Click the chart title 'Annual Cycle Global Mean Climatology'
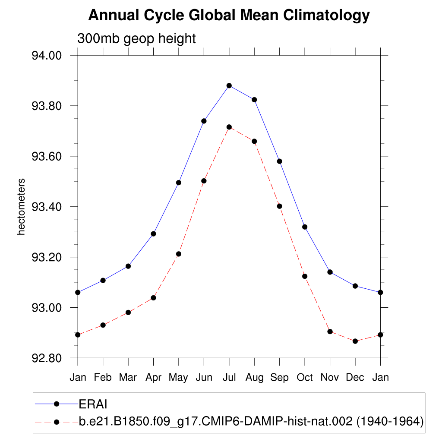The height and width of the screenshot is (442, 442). pyautogui.click(x=229, y=16)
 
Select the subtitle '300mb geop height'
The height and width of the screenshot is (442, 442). pyautogui.click(x=136, y=38)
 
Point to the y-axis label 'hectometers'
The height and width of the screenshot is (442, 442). pyautogui.click(x=21, y=206)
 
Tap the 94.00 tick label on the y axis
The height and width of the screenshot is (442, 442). pyautogui.click(x=47, y=56)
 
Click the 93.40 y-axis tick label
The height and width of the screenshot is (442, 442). pyautogui.click(x=47, y=207)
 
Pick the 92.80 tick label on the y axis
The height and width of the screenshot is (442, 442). pyautogui.click(x=47, y=358)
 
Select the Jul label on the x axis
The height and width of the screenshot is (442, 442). pyautogui.click(x=229, y=377)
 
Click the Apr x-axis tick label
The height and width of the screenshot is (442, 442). pyautogui.click(x=153, y=377)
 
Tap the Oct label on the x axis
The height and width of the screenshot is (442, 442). pyautogui.click(x=305, y=377)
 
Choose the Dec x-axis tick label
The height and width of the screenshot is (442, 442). pyautogui.click(x=355, y=377)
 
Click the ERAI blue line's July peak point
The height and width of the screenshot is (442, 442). pyautogui.click(x=229, y=85)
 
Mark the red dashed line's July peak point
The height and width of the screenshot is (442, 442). pyautogui.click(x=229, y=127)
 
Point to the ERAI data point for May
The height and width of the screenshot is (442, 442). pyautogui.click(x=179, y=183)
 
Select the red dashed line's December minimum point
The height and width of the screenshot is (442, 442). pyautogui.click(x=355, y=341)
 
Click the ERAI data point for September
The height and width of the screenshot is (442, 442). pyautogui.click(x=280, y=161)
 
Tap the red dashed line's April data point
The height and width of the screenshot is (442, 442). pyautogui.click(x=153, y=297)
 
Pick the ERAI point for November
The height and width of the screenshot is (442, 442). pyautogui.click(x=330, y=272)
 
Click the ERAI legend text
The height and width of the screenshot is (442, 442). pyautogui.click(x=93, y=404)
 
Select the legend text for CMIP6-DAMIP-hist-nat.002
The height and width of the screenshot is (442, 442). pyautogui.click(x=251, y=421)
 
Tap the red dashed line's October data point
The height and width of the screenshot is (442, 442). pyautogui.click(x=305, y=276)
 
